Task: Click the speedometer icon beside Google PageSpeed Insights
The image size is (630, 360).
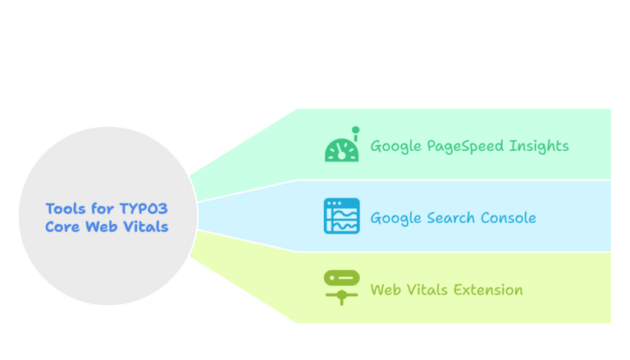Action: click(341, 148)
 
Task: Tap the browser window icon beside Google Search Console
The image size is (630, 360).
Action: click(341, 216)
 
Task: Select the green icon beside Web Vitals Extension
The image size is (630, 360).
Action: click(341, 287)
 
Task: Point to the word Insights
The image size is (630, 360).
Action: click(540, 147)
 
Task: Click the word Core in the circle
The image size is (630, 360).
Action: click(62, 226)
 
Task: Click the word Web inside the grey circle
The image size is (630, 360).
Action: click(101, 226)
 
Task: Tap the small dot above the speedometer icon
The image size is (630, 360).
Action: click(355, 130)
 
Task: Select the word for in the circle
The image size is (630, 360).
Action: click(103, 208)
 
